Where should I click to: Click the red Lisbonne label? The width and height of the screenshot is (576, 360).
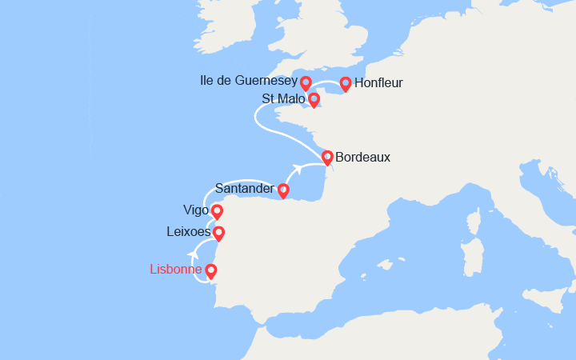click(175, 270)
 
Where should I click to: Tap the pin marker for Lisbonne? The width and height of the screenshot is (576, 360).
click(211, 271)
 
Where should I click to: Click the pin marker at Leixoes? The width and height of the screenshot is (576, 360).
click(218, 233)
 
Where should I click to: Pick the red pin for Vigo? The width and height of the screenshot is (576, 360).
click(216, 212)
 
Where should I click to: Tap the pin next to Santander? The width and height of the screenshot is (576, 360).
click(282, 190)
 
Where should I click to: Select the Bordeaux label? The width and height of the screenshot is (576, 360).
click(362, 158)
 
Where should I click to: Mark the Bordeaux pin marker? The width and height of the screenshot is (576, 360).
click(327, 157)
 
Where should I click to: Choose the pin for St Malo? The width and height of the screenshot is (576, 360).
click(314, 99)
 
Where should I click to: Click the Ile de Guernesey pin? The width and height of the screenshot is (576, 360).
click(306, 82)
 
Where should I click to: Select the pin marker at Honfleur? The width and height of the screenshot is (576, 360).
click(346, 82)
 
